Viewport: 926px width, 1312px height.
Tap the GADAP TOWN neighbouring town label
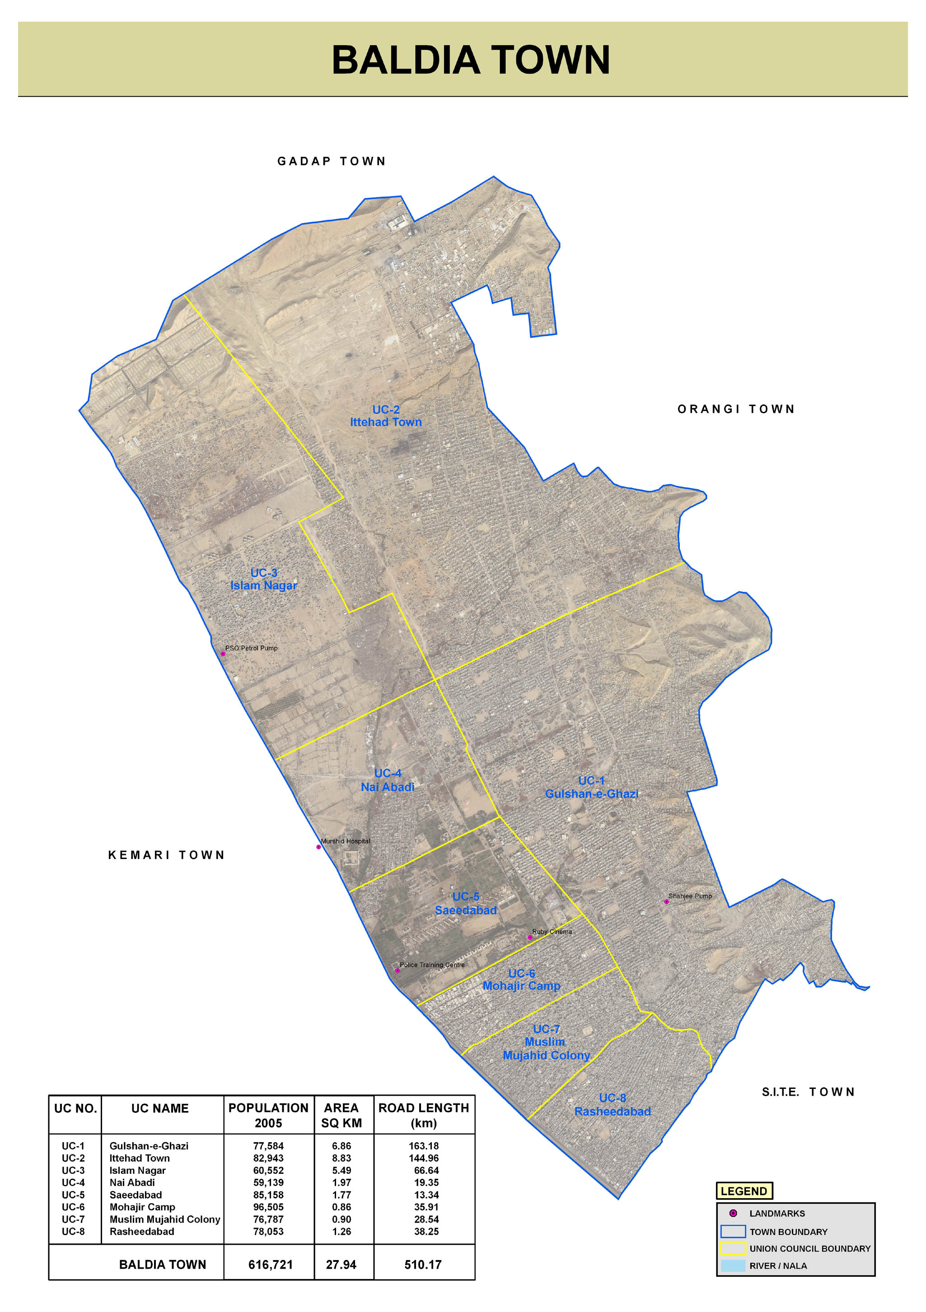[x=332, y=161]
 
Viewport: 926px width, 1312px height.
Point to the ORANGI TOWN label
[x=736, y=409]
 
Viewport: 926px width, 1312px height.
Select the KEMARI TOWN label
[x=166, y=855]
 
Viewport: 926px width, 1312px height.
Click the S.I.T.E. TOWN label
[x=808, y=1092]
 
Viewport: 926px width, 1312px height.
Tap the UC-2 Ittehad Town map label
[x=386, y=416]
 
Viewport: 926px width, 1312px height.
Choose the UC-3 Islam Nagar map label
[x=263, y=579]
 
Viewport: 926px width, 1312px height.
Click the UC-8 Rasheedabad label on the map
[x=612, y=1105]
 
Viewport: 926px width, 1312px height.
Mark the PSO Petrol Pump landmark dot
[x=223, y=654]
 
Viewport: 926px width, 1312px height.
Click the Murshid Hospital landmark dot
[x=318, y=847]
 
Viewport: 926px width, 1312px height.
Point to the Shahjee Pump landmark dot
[x=666, y=902]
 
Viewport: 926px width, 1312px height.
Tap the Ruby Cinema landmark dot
[x=529, y=938]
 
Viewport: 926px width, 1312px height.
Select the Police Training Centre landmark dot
[x=397, y=970]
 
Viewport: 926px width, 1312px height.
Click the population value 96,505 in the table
[x=268, y=1207]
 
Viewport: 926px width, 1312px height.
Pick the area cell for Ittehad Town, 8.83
[x=341, y=1158]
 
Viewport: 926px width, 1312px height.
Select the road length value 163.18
[x=424, y=1146]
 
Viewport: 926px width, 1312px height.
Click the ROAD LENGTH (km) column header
[x=424, y=1116]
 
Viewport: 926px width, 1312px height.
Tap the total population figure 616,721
[x=271, y=1265]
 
